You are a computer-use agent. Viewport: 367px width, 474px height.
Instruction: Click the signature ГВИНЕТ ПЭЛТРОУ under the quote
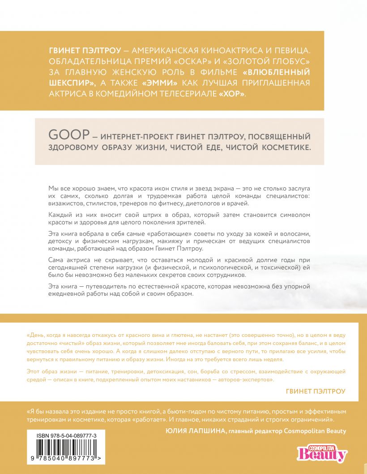(316, 391)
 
